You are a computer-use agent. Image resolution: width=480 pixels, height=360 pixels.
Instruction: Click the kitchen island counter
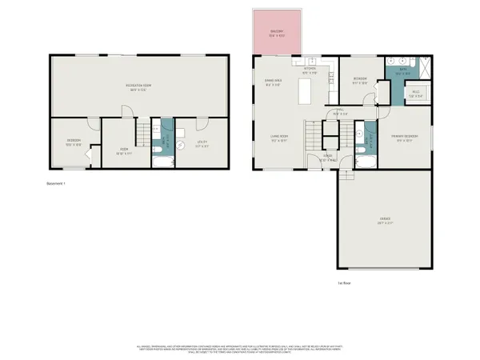pos(305,94)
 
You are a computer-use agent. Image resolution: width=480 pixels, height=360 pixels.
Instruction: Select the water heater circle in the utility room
pos(182,127)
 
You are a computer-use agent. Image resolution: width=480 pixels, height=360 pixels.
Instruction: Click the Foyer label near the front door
pos(327,158)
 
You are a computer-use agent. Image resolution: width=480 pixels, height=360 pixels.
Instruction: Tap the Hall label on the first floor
pos(339,111)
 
